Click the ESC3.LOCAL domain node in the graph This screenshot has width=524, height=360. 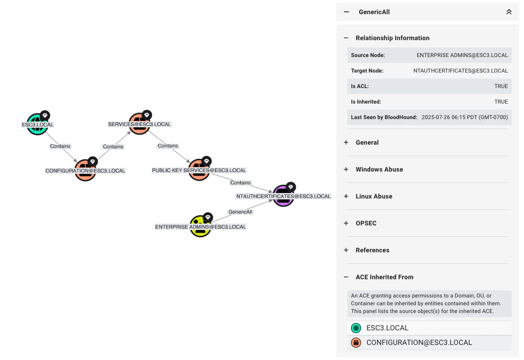click(x=37, y=125)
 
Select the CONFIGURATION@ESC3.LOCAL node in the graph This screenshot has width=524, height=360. click(x=85, y=171)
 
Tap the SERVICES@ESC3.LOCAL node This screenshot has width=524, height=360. click(x=139, y=124)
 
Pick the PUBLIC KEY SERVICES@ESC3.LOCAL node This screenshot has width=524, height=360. click(x=199, y=170)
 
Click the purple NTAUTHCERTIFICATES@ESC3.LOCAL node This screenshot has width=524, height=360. click(x=283, y=196)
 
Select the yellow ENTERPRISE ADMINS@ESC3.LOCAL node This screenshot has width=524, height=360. click(x=200, y=227)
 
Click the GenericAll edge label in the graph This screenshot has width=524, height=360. click(x=240, y=212)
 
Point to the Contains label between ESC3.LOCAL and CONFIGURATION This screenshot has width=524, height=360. click(x=60, y=146)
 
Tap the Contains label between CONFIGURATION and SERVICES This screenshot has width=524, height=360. click(x=113, y=146)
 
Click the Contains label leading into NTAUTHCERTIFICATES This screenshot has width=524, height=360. click(x=241, y=183)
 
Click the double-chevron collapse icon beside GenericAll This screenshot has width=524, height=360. click(x=509, y=12)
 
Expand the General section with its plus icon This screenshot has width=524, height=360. click(x=346, y=142)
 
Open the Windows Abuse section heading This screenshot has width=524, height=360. click(x=379, y=169)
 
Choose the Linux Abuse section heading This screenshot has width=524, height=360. click(x=374, y=196)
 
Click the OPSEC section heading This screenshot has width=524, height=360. click(x=366, y=223)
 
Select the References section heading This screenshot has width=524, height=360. click(x=372, y=250)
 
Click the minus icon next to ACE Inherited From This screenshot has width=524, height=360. click(x=346, y=277)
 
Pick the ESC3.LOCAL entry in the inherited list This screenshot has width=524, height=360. click(x=387, y=328)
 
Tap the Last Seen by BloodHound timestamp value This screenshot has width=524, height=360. click(x=465, y=117)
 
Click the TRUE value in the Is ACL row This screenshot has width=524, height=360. click(x=501, y=86)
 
